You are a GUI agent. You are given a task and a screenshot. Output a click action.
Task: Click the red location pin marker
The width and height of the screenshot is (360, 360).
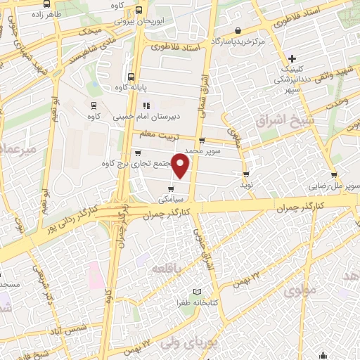point(181,166)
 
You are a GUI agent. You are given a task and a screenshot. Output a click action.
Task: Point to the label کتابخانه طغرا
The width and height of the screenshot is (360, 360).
point(170,301)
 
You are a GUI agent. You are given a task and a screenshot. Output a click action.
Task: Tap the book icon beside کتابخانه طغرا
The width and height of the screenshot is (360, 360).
point(198,291)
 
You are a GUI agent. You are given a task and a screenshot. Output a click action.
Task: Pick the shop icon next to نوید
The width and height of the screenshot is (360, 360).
point(245,173)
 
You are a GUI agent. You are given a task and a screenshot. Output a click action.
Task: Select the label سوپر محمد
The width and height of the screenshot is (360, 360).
point(202,151)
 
